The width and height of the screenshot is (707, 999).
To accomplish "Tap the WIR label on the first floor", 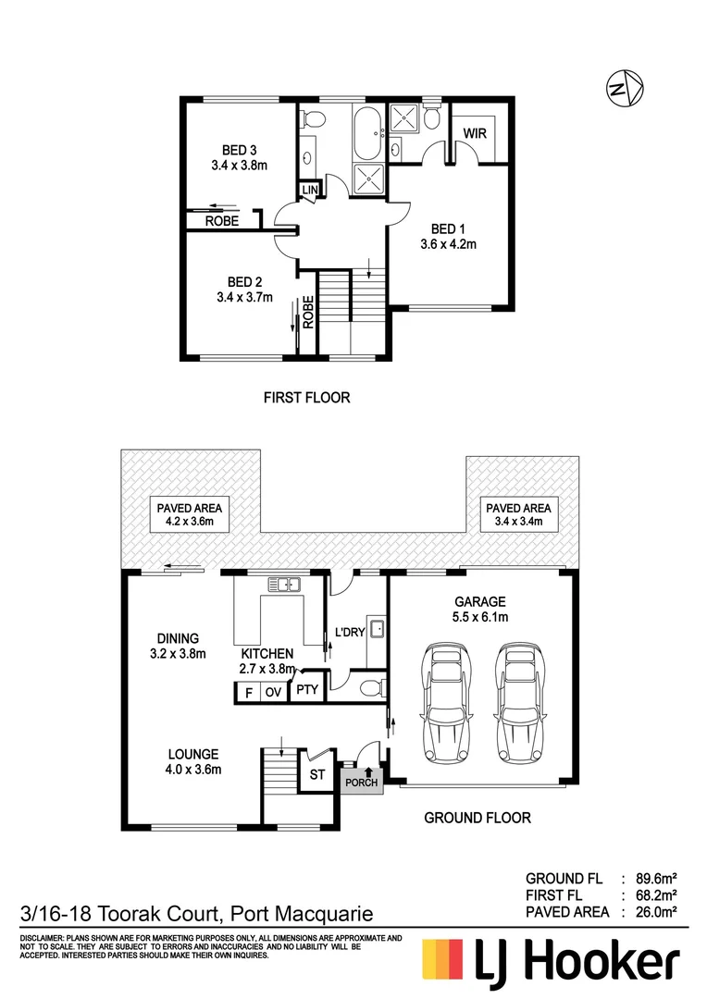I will click(475, 132).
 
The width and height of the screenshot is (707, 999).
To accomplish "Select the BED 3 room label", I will click(239, 150).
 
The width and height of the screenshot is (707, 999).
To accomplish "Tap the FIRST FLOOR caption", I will click(307, 398).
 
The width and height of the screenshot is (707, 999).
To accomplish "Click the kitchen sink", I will click(285, 584).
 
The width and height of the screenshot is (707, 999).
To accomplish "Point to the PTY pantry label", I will click(304, 690).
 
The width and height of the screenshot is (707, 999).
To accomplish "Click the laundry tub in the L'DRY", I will click(377, 630).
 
